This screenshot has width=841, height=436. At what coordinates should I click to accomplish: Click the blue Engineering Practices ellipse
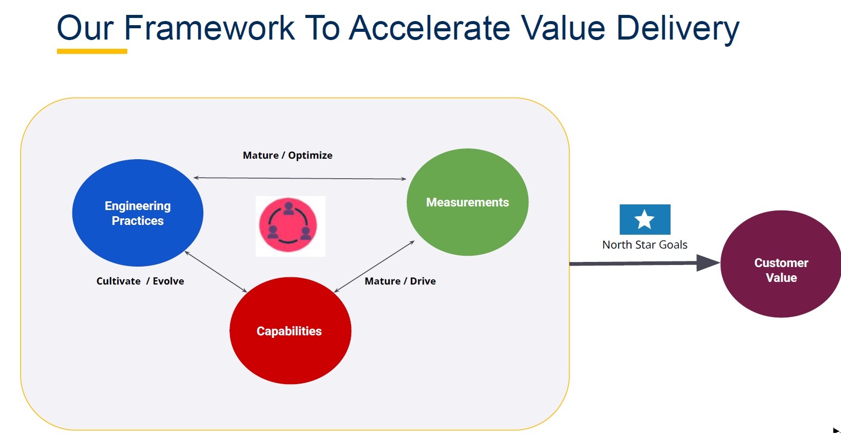[138, 213]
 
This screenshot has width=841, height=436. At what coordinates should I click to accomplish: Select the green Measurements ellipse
[467, 202]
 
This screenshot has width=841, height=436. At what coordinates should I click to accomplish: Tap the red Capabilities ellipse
[290, 331]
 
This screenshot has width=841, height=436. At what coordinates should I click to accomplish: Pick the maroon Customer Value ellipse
[781, 264]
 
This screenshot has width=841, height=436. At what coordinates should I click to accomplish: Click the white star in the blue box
[644, 219]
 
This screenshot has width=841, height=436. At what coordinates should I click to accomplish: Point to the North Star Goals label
[644, 245]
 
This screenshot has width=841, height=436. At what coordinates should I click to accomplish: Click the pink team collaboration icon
[289, 225]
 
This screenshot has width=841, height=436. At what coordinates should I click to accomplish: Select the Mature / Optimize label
[288, 155]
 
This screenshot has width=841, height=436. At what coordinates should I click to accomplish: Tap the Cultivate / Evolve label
[140, 281]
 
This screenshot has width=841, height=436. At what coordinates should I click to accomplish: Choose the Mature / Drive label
[400, 281]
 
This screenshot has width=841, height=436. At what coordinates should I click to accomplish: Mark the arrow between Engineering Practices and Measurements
[300, 178]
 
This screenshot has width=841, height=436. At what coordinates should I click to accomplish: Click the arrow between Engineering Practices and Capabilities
[216, 272]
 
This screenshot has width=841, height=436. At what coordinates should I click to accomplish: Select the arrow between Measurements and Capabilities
[374, 266]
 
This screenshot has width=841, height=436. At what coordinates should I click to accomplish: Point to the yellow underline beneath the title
[92, 51]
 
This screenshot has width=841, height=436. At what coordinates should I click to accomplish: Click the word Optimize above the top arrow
[310, 155]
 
